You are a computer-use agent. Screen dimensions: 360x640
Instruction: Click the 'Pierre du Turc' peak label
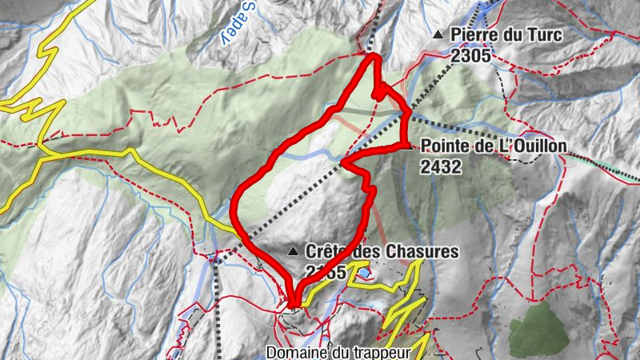pos(506,34)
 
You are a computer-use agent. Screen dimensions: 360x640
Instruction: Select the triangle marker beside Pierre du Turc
pos(437,35)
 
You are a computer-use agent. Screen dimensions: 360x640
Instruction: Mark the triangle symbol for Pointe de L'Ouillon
pos(410,146)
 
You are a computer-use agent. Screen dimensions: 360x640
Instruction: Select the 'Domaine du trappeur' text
pos(338,352)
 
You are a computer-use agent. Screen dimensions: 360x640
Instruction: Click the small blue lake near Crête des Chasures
pos(365,274)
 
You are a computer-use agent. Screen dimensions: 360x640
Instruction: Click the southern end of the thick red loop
pos(293,303)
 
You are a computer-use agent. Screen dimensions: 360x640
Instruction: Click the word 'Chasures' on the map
pos(422,252)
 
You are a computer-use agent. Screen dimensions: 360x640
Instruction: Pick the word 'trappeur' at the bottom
pos(382,352)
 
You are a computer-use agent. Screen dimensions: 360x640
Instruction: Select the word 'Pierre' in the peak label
pos(473,34)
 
